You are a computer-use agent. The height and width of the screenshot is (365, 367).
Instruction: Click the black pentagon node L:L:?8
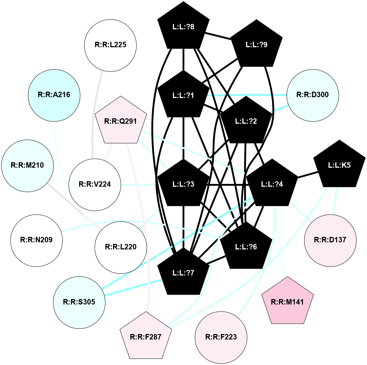183,27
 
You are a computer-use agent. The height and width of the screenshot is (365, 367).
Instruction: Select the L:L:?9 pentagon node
256,45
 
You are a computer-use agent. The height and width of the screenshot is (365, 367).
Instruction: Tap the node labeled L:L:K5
339,165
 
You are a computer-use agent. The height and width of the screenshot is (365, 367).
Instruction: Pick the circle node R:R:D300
313,95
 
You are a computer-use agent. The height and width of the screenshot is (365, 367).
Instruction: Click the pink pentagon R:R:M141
288,302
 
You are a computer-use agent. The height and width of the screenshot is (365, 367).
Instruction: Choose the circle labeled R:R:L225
111,45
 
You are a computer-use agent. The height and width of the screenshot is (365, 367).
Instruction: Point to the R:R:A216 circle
54,95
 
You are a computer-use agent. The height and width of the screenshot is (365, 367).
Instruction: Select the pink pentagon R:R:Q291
121,121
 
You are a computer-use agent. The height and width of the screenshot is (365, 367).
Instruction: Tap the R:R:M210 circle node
27,165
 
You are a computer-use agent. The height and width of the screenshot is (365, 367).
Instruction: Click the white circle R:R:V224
95,184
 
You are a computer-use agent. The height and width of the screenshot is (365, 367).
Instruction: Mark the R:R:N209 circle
37,240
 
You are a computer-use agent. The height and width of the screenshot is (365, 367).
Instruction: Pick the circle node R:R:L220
121,247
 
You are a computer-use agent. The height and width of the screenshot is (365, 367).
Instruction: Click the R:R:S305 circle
79,302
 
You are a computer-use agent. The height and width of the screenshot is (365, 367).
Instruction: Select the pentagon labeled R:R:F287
146,337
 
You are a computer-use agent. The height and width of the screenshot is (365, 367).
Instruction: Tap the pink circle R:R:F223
221,337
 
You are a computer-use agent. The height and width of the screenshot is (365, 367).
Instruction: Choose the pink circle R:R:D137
330,240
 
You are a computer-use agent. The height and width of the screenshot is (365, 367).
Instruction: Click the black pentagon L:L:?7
183,272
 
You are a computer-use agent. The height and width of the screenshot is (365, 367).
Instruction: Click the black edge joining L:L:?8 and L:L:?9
218,36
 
